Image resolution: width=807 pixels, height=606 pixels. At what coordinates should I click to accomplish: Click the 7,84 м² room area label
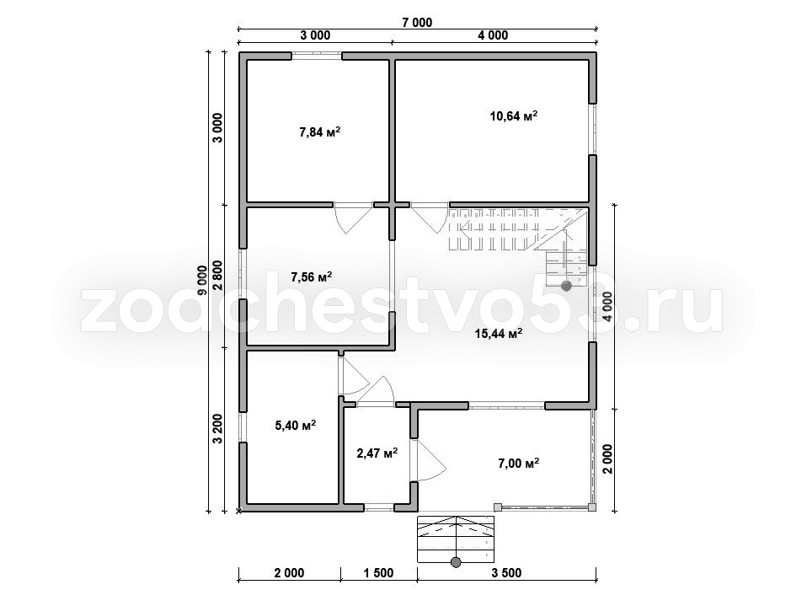tap(319, 131)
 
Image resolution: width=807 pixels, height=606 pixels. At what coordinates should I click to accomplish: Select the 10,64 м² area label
tap(514, 115)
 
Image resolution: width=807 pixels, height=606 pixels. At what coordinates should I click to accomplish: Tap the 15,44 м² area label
tap(499, 334)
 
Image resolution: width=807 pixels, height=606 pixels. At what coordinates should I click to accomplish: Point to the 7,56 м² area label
tap(312, 277)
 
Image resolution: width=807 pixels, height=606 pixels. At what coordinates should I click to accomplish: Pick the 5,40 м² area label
tap(296, 425)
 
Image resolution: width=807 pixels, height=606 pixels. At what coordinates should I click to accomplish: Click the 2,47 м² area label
tap(377, 453)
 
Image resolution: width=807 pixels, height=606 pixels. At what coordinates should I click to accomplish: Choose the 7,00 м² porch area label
tap(518, 463)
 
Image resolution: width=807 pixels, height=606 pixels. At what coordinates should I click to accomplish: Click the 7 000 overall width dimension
tap(416, 22)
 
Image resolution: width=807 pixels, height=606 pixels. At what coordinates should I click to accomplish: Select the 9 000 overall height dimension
tap(201, 281)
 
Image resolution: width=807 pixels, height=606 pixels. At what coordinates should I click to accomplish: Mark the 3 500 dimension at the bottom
tap(506, 572)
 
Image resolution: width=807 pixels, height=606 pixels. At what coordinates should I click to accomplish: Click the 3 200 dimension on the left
tap(217, 428)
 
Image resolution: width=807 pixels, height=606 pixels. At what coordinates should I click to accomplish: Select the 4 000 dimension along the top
tap(492, 35)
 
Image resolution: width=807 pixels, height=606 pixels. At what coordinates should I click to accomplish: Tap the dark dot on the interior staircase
tap(567, 285)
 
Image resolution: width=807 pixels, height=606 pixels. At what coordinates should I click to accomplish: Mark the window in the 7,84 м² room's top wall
tap(317, 56)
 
